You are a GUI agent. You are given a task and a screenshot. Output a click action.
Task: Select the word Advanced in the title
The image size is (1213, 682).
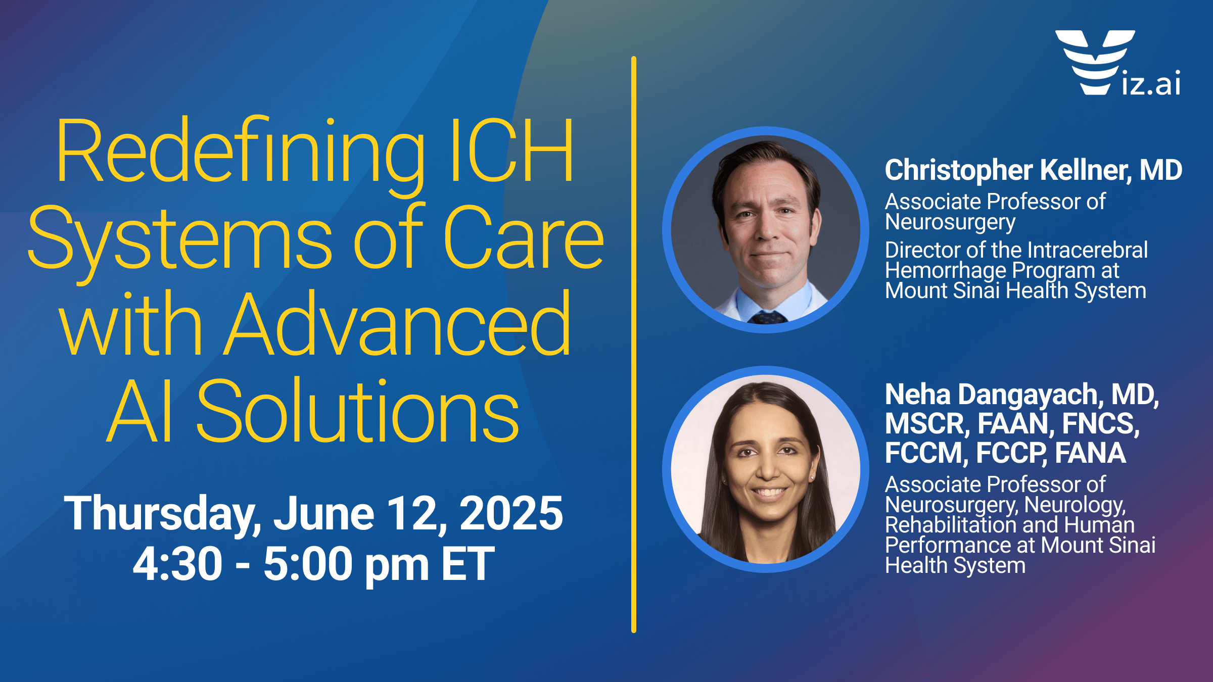(x=397, y=323)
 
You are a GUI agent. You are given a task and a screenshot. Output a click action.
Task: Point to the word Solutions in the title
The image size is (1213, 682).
(x=358, y=410)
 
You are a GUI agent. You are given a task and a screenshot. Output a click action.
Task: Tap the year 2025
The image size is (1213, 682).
(x=511, y=513)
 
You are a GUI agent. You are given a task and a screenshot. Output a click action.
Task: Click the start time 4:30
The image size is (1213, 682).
(x=177, y=563)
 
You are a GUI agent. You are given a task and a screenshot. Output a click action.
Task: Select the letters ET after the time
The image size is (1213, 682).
(x=468, y=563)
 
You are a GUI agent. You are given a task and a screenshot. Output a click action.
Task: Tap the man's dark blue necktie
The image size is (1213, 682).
(x=768, y=318)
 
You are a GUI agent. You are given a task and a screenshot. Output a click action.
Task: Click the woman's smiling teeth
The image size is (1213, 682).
(x=769, y=492)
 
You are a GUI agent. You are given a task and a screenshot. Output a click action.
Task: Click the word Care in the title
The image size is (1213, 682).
(x=523, y=237)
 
